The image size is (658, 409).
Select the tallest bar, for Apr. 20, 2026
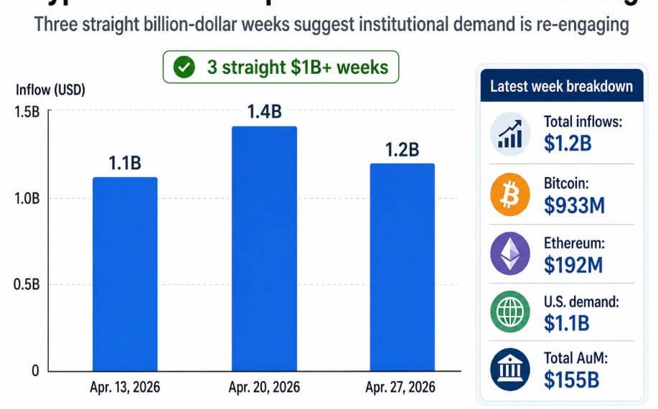263,248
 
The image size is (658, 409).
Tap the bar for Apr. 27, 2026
402,267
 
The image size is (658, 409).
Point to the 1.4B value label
264,112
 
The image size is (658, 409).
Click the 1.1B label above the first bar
126,163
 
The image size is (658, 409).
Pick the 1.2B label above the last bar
403,149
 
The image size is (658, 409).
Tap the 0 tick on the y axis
34,371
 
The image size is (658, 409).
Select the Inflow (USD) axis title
50,90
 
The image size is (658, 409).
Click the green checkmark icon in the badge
185,68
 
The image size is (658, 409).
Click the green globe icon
510,313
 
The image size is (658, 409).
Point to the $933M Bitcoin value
574,206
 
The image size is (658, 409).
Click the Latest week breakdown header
561,86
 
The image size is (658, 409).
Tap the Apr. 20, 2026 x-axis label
263,388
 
